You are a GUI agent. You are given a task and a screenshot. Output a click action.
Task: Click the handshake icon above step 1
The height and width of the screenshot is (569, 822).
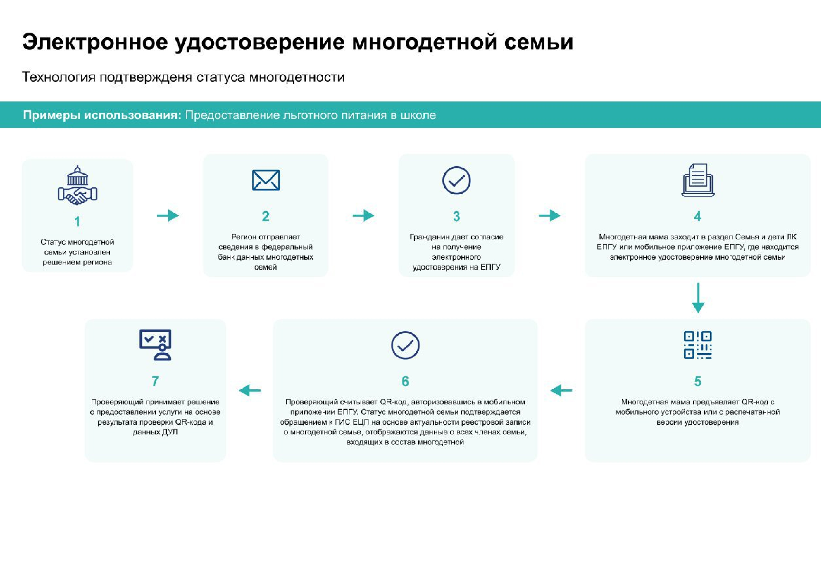pos(77,185)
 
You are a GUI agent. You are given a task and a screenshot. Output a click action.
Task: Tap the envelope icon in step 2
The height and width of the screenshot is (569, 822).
pos(266,180)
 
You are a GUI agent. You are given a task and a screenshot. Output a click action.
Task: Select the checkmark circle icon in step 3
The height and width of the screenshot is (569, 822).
pos(456,181)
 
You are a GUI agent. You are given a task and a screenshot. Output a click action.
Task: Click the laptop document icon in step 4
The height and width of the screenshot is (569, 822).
pos(698,180)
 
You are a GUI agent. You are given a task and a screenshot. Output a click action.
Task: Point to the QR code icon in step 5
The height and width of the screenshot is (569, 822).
pos(698,345)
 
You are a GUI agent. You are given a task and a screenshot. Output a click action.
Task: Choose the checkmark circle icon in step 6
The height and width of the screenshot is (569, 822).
pos(405,346)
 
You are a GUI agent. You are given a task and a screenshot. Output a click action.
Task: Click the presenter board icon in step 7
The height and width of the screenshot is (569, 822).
pos(155,345)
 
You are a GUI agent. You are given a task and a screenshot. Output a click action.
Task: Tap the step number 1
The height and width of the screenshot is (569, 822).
pos(77,222)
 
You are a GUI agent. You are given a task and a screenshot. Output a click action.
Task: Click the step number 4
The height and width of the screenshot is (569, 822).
pos(698,217)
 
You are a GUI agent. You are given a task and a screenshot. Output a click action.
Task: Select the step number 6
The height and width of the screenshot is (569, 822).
pos(405,381)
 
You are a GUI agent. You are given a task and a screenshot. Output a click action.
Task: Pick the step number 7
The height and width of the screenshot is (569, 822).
pos(155,381)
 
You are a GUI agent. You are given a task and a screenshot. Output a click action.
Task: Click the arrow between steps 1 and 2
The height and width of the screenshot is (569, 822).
pos(168,215)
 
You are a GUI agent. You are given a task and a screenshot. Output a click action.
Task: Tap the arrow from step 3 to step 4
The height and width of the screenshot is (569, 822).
pos(550,215)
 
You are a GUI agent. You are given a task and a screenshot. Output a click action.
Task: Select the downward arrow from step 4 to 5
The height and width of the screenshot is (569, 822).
pos(698,298)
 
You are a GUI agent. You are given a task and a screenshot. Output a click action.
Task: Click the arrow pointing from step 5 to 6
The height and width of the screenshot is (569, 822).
pos(561,390)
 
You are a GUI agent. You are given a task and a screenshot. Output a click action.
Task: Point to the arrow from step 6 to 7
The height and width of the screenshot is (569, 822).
pos(250,390)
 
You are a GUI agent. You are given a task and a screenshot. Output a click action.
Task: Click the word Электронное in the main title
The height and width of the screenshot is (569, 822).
pos(95,42)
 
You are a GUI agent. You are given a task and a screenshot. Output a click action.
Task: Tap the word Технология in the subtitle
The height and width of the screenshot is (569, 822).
pos(59,77)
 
